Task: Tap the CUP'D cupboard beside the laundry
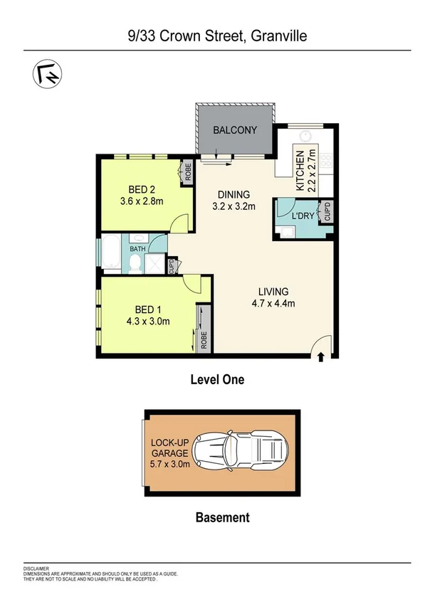(x=327, y=212)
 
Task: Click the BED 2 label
(x=142, y=189)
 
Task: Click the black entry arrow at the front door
(x=320, y=356)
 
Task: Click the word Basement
(x=222, y=517)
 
